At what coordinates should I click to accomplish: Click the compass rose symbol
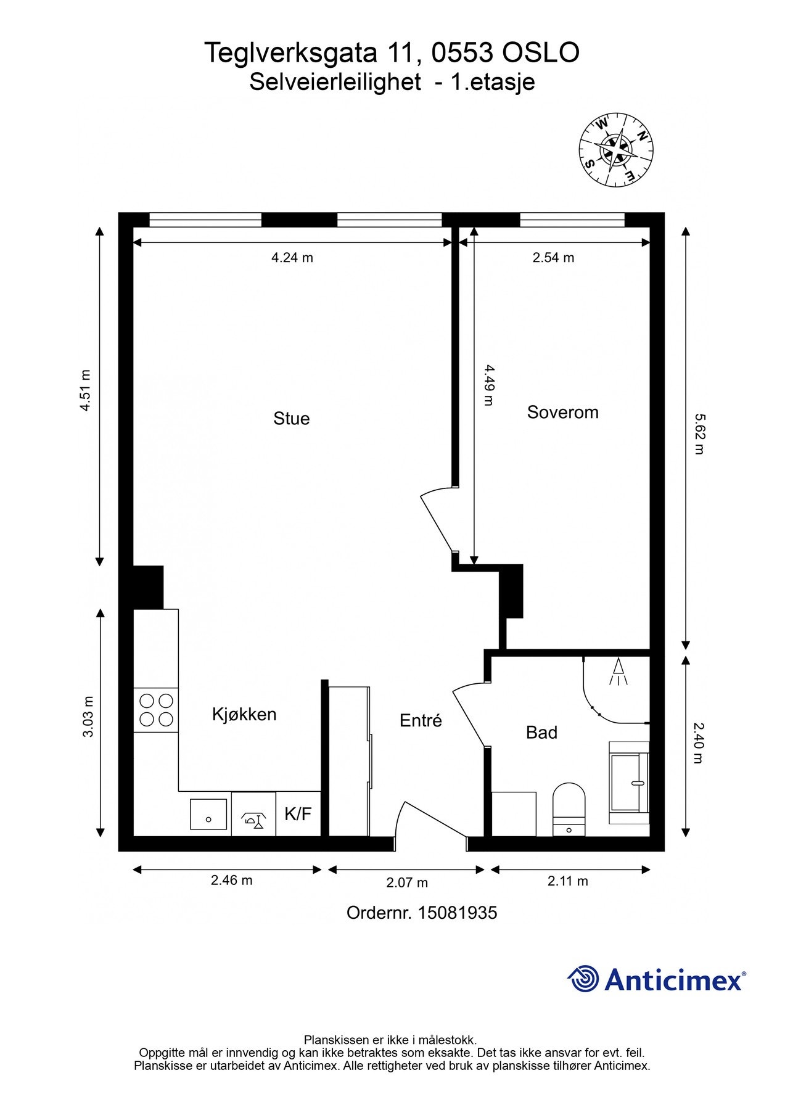615,150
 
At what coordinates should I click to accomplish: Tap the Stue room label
291,419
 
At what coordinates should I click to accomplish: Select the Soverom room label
562,412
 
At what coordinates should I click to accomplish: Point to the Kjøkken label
244,714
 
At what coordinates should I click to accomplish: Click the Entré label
421,720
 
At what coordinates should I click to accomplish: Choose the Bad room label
541,732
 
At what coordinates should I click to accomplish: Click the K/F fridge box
298,814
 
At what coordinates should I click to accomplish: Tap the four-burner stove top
156,710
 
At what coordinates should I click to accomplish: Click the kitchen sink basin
208,814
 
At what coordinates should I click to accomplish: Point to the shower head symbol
619,671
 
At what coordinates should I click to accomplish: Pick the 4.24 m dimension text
292,258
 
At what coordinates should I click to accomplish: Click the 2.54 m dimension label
553,258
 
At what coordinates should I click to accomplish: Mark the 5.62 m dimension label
699,434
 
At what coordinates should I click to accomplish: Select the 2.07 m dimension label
407,882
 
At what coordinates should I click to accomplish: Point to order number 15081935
422,913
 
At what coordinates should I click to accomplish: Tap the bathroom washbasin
629,783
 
